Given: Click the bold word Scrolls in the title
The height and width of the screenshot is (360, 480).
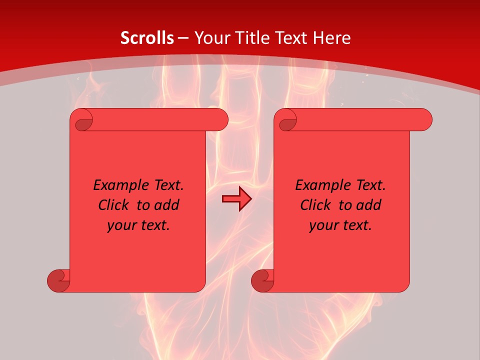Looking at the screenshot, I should coord(147,37).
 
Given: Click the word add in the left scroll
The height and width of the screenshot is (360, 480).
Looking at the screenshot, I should coord(167,205).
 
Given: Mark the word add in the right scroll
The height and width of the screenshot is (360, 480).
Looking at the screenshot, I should coord(369,205).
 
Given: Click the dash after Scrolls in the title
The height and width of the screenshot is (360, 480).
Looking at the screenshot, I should coord(183,38).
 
